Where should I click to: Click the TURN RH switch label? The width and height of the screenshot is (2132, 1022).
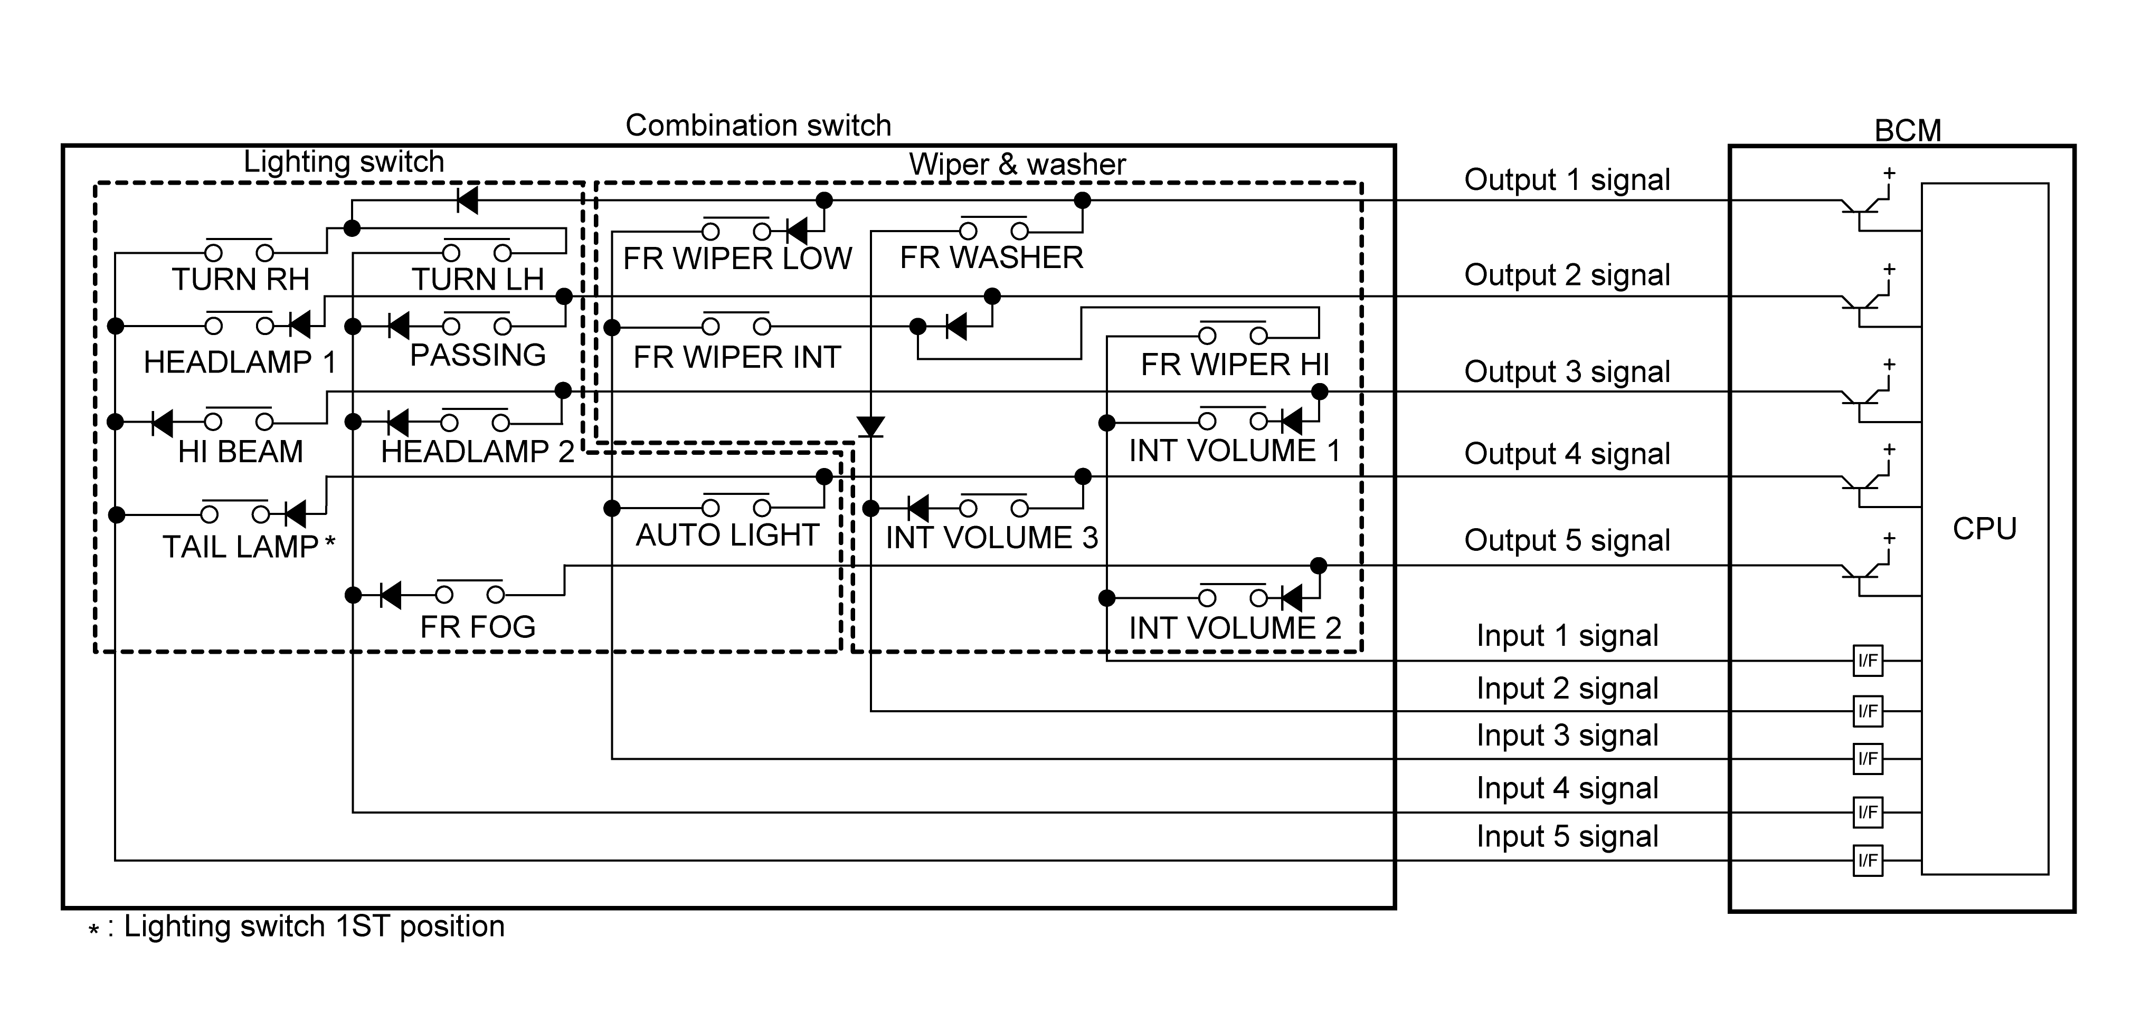pos(240,280)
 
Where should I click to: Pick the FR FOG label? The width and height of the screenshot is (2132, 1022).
pos(478,627)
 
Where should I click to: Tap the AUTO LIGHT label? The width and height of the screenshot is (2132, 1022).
pos(727,536)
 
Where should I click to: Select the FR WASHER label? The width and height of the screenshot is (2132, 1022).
pos(991,258)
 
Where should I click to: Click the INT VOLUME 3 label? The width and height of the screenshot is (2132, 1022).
pos(991,538)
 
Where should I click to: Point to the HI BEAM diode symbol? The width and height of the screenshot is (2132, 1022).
pos(162,423)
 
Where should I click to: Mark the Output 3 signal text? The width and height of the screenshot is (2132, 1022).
pos(1567,371)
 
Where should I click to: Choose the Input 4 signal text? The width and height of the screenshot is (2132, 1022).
pos(1567,788)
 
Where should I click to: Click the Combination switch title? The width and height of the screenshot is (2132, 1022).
pos(758,126)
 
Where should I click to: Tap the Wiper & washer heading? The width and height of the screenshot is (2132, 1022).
pos(1017,164)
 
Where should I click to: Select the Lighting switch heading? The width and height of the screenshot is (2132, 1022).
pos(344,161)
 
